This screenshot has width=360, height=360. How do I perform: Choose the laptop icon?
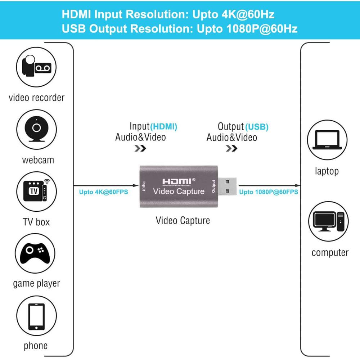pos(327,140)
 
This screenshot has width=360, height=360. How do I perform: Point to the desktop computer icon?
pos(329,221)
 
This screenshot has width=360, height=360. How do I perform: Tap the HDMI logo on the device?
pos(179,182)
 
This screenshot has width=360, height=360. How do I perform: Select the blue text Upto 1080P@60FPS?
pos(269,192)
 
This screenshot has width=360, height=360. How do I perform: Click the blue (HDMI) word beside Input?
pos(164,126)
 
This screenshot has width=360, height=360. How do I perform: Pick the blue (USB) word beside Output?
pos(257,127)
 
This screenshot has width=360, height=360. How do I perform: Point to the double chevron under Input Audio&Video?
pos(140,148)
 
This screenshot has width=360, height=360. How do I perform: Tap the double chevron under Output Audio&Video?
pos(231,148)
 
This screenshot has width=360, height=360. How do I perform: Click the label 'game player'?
pos(36,283)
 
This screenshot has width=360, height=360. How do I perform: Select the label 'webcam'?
pos(38,160)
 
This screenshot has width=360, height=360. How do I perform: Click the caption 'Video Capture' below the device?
pos(183,220)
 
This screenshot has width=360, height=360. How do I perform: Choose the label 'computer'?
pos(330,252)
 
